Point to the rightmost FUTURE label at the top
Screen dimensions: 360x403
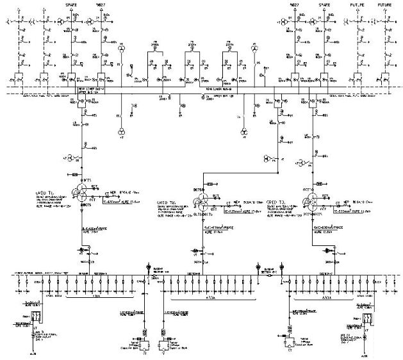tap(386, 5)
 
